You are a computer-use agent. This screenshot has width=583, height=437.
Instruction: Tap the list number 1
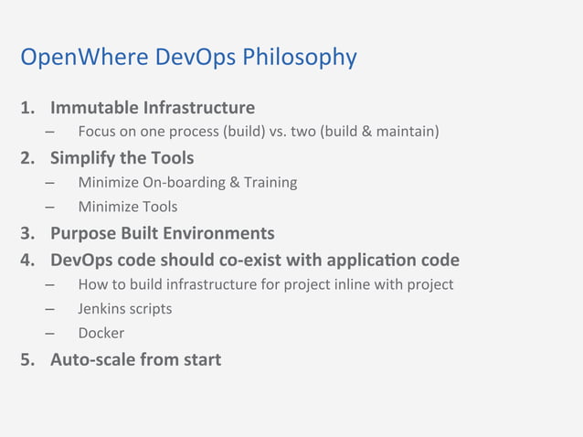click(x=27, y=109)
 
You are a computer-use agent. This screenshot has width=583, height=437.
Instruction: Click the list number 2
click(x=27, y=158)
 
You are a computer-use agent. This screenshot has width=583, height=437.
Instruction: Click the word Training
click(x=269, y=182)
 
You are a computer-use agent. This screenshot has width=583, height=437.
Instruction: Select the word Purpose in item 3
click(x=85, y=232)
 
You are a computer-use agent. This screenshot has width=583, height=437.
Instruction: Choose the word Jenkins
click(x=102, y=308)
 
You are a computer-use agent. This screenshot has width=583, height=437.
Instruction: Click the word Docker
click(x=101, y=333)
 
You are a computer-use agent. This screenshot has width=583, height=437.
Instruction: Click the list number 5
click(x=27, y=359)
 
